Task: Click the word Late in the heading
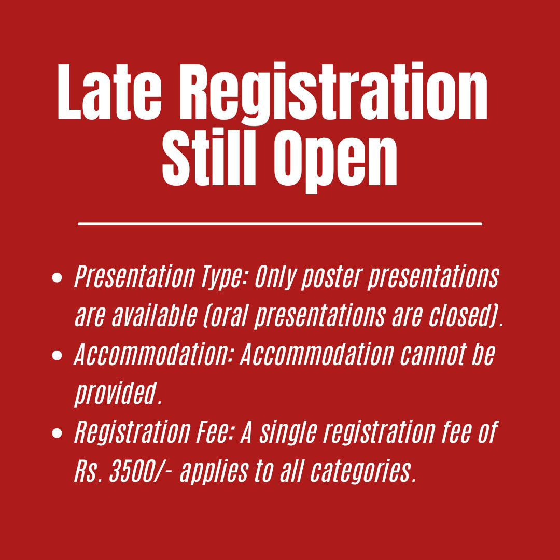[x=109, y=92]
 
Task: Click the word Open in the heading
[x=335, y=161]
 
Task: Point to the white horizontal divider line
[x=280, y=224]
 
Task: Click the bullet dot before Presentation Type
[x=57, y=277]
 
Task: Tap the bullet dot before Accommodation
[x=57, y=355]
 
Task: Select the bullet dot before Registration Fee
[x=57, y=433]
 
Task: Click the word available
[x=155, y=316]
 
